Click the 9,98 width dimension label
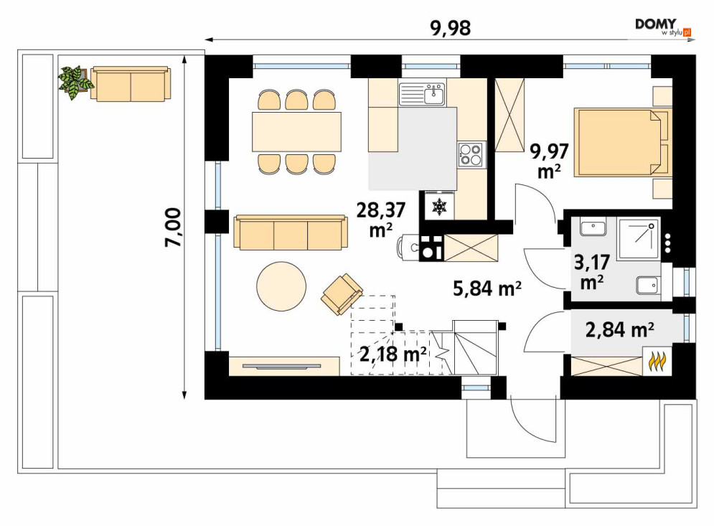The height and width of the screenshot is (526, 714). coord(450,28)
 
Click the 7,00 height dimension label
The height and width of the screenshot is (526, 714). coord(174,227)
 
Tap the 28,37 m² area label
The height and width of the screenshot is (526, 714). coord(380,220)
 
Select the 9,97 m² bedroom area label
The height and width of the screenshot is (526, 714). coord(549,160)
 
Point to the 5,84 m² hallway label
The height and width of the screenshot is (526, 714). coord(487,288)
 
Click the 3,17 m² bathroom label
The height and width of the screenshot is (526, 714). coord(592,272)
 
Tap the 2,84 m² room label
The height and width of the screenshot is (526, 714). coord(620,329)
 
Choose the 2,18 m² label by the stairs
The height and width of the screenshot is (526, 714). coord(393,354)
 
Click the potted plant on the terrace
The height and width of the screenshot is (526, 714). coord(75,83)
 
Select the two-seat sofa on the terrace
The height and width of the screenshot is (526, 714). coord(131,83)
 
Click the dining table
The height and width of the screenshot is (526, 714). coord(296,131)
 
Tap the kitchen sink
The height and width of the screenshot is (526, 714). coord(422,94)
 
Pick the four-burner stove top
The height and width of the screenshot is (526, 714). coord(471,154)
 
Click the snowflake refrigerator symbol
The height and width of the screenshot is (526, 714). coord(439,207)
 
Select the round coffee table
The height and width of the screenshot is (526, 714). coord(281,286)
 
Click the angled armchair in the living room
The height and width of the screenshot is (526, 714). coord(342,294)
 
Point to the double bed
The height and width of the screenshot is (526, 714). coord(621,141)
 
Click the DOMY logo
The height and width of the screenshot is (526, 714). coord(663,27)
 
